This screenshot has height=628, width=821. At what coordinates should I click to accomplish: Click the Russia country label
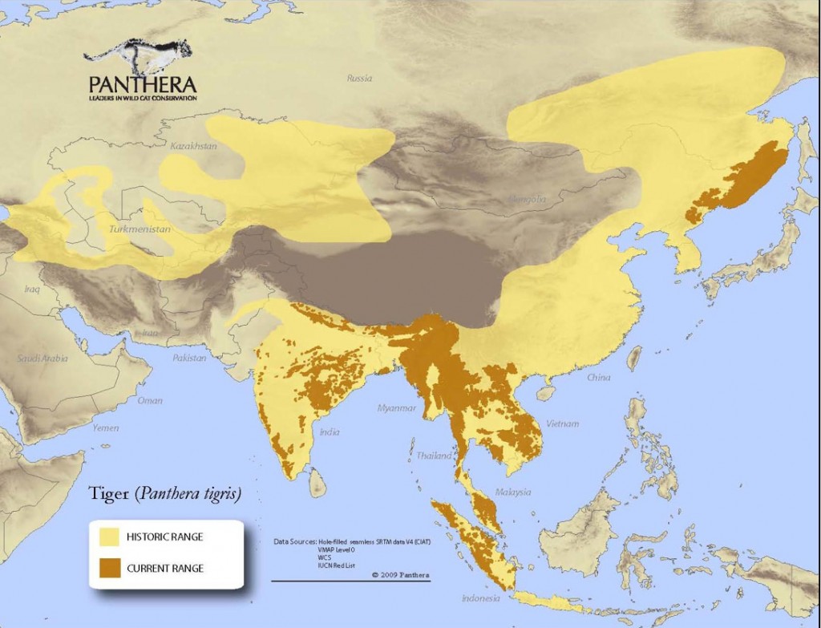click(x=360, y=78)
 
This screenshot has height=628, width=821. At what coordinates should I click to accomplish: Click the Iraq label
click(x=32, y=287)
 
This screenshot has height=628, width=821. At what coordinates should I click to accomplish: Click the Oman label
click(x=150, y=400)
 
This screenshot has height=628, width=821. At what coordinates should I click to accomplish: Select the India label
click(x=329, y=432)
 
